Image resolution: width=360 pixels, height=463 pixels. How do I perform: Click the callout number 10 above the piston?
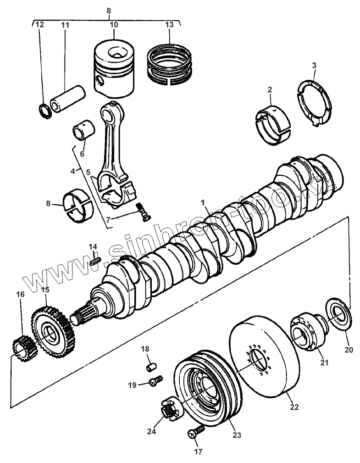coord(114,24)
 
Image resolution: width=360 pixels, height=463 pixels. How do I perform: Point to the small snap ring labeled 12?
coord(44,110)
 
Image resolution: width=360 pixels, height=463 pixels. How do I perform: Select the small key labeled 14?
coord(95,261)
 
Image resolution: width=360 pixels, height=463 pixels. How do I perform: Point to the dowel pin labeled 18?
coord(150,367)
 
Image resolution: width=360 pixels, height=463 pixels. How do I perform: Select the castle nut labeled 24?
coord(170,407)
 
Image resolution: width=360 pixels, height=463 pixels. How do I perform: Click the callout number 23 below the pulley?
coord(236,434)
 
